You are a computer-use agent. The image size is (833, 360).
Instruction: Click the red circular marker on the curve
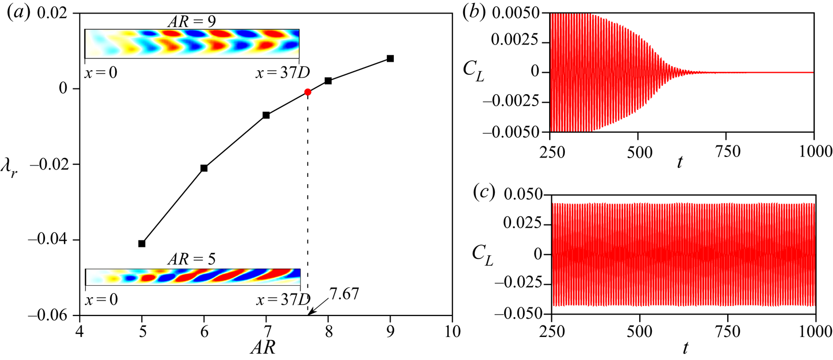[x=308, y=92]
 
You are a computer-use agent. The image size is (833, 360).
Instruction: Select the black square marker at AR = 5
[x=142, y=244]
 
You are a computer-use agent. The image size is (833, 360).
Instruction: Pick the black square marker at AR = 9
[x=390, y=59]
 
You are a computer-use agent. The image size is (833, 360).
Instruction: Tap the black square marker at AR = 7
[x=266, y=115]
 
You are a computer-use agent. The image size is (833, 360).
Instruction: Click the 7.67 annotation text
[x=344, y=294]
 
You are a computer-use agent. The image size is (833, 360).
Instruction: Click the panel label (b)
[x=474, y=13]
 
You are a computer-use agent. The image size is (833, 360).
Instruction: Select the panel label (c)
[x=483, y=193]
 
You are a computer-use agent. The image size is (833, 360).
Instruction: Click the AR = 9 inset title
[x=192, y=21]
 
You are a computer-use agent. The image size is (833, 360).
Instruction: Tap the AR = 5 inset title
[x=192, y=259]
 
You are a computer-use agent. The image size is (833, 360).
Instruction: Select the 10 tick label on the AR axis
[x=452, y=332]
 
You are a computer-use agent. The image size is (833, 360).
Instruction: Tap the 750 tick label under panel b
[x=727, y=152]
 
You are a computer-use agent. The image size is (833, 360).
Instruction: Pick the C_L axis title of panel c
[x=482, y=255]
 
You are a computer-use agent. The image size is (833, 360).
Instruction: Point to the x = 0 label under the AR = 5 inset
[x=101, y=300]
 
